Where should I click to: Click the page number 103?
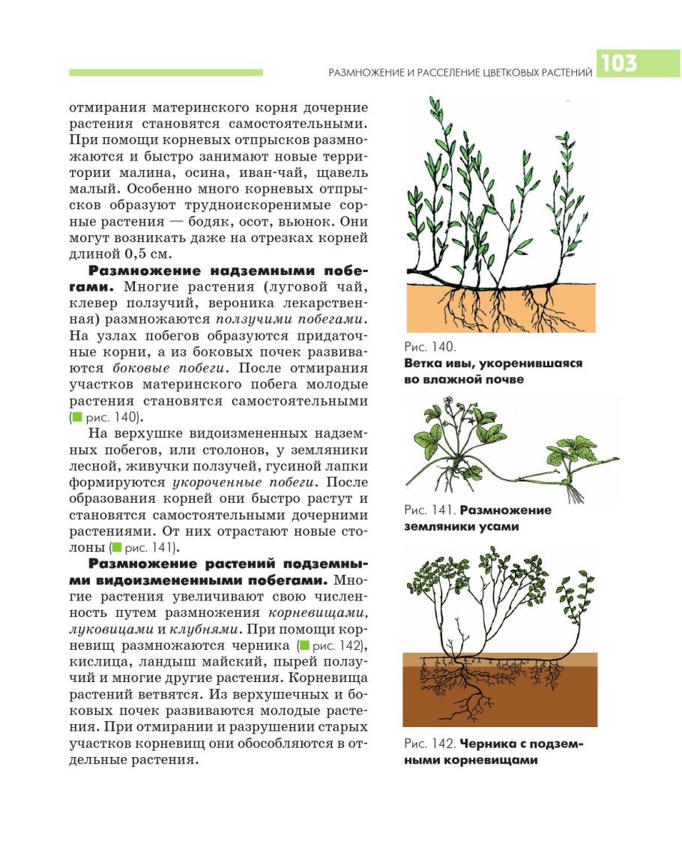pyautogui.click(x=618, y=64)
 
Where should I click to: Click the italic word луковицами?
pyautogui.click(x=109, y=629)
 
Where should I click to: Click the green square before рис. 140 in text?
pyautogui.click(x=74, y=417)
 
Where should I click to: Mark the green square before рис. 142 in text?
pyautogui.click(x=304, y=645)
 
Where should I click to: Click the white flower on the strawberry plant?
pyautogui.click(x=451, y=410)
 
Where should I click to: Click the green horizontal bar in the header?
pyautogui.click(x=166, y=72)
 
